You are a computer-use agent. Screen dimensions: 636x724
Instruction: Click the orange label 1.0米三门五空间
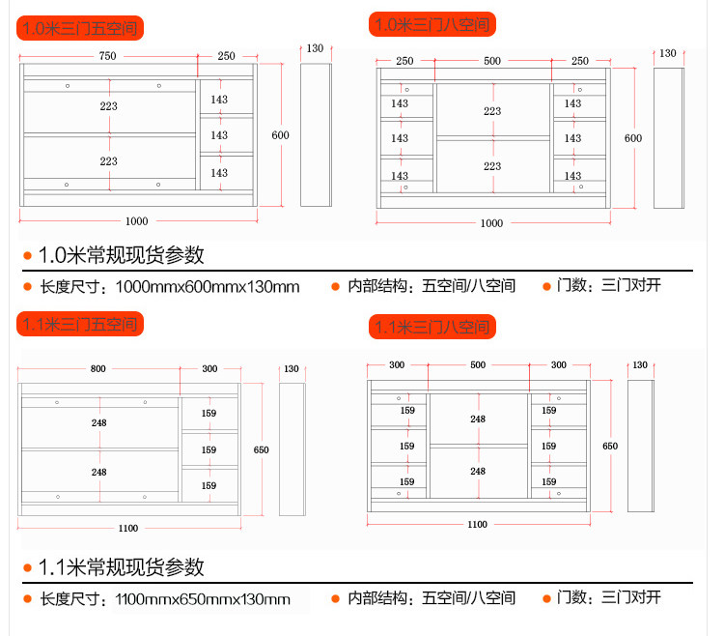click(81, 28)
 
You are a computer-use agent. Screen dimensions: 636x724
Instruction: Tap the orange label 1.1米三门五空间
click(81, 324)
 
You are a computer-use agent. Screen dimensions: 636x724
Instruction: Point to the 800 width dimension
click(98, 369)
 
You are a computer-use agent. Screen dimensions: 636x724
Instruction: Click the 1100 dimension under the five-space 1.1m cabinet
click(128, 528)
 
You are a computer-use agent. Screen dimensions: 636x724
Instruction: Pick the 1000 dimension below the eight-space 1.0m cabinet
click(491, 223)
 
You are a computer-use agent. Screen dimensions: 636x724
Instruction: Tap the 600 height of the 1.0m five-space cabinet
click(280, 135)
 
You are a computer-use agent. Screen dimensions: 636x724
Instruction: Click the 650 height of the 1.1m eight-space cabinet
click(610, 447)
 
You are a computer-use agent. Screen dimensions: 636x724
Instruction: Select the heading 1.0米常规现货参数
click(121, 256)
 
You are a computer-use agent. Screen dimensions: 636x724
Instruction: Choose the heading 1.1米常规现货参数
click(121, 567)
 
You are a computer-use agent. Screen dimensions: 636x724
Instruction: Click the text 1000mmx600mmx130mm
click(207, 287)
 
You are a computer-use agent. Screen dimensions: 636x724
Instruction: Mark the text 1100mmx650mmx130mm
click(202, 599)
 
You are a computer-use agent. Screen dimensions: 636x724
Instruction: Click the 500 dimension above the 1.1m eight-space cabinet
click(478, 365)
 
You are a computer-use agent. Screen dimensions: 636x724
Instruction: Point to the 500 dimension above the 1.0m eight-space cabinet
click(492, 61)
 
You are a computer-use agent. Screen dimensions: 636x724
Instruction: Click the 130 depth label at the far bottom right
click(639, 365)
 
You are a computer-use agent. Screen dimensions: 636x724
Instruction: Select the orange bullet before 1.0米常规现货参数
click(28, 256)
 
